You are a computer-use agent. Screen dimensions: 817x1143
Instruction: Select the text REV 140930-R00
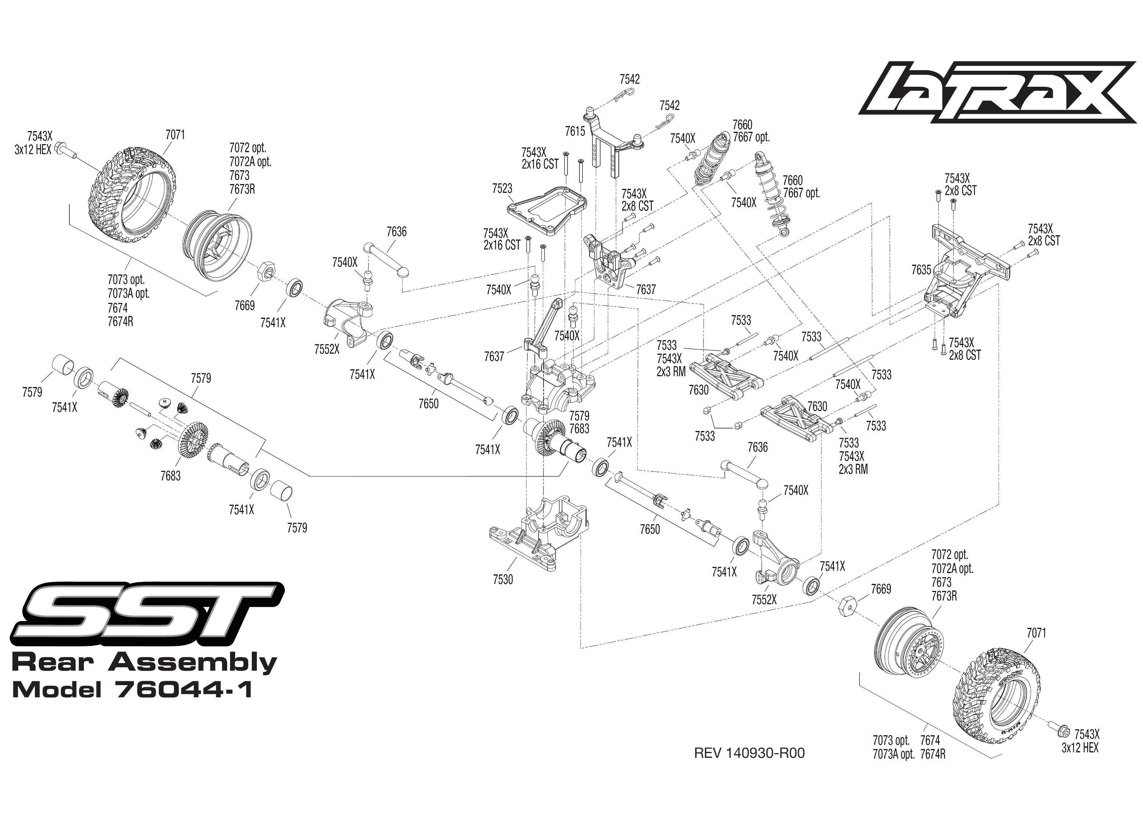point(749,753)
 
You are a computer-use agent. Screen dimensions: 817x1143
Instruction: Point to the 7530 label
point(503,580)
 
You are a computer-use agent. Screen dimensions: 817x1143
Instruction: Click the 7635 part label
point(921,270)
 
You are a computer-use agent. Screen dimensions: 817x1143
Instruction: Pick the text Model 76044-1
point(132,690)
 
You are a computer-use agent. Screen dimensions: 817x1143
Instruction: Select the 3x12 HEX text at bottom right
point(1079,748)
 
